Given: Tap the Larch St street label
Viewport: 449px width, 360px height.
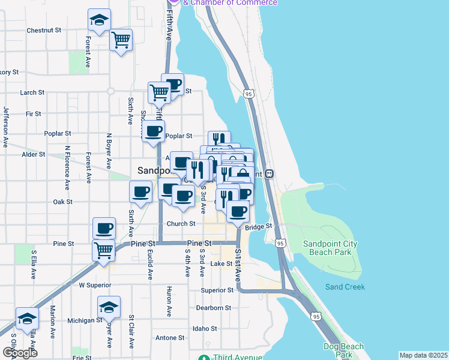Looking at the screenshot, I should (x=32, y=93).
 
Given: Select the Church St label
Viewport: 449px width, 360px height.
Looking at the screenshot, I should (x=181, y=224).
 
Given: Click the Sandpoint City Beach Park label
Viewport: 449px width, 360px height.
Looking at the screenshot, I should (x=330, y=248).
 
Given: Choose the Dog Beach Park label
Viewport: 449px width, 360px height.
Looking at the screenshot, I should (x=343, y=350).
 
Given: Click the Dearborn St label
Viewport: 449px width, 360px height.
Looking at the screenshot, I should (x=213, y=308).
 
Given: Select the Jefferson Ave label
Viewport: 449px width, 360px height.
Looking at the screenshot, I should (x=6, y=127).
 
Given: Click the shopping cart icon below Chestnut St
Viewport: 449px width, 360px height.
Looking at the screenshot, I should (x=121, y=40).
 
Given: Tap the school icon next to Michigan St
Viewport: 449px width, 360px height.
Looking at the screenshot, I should (x=109, y=307).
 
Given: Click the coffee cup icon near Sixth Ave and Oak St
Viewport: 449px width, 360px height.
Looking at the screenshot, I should (x=141, y=191).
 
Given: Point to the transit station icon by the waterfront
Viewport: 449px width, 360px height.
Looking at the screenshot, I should (x=270, y=174).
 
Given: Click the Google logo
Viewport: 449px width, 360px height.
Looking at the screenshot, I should (x=20, y=353).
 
